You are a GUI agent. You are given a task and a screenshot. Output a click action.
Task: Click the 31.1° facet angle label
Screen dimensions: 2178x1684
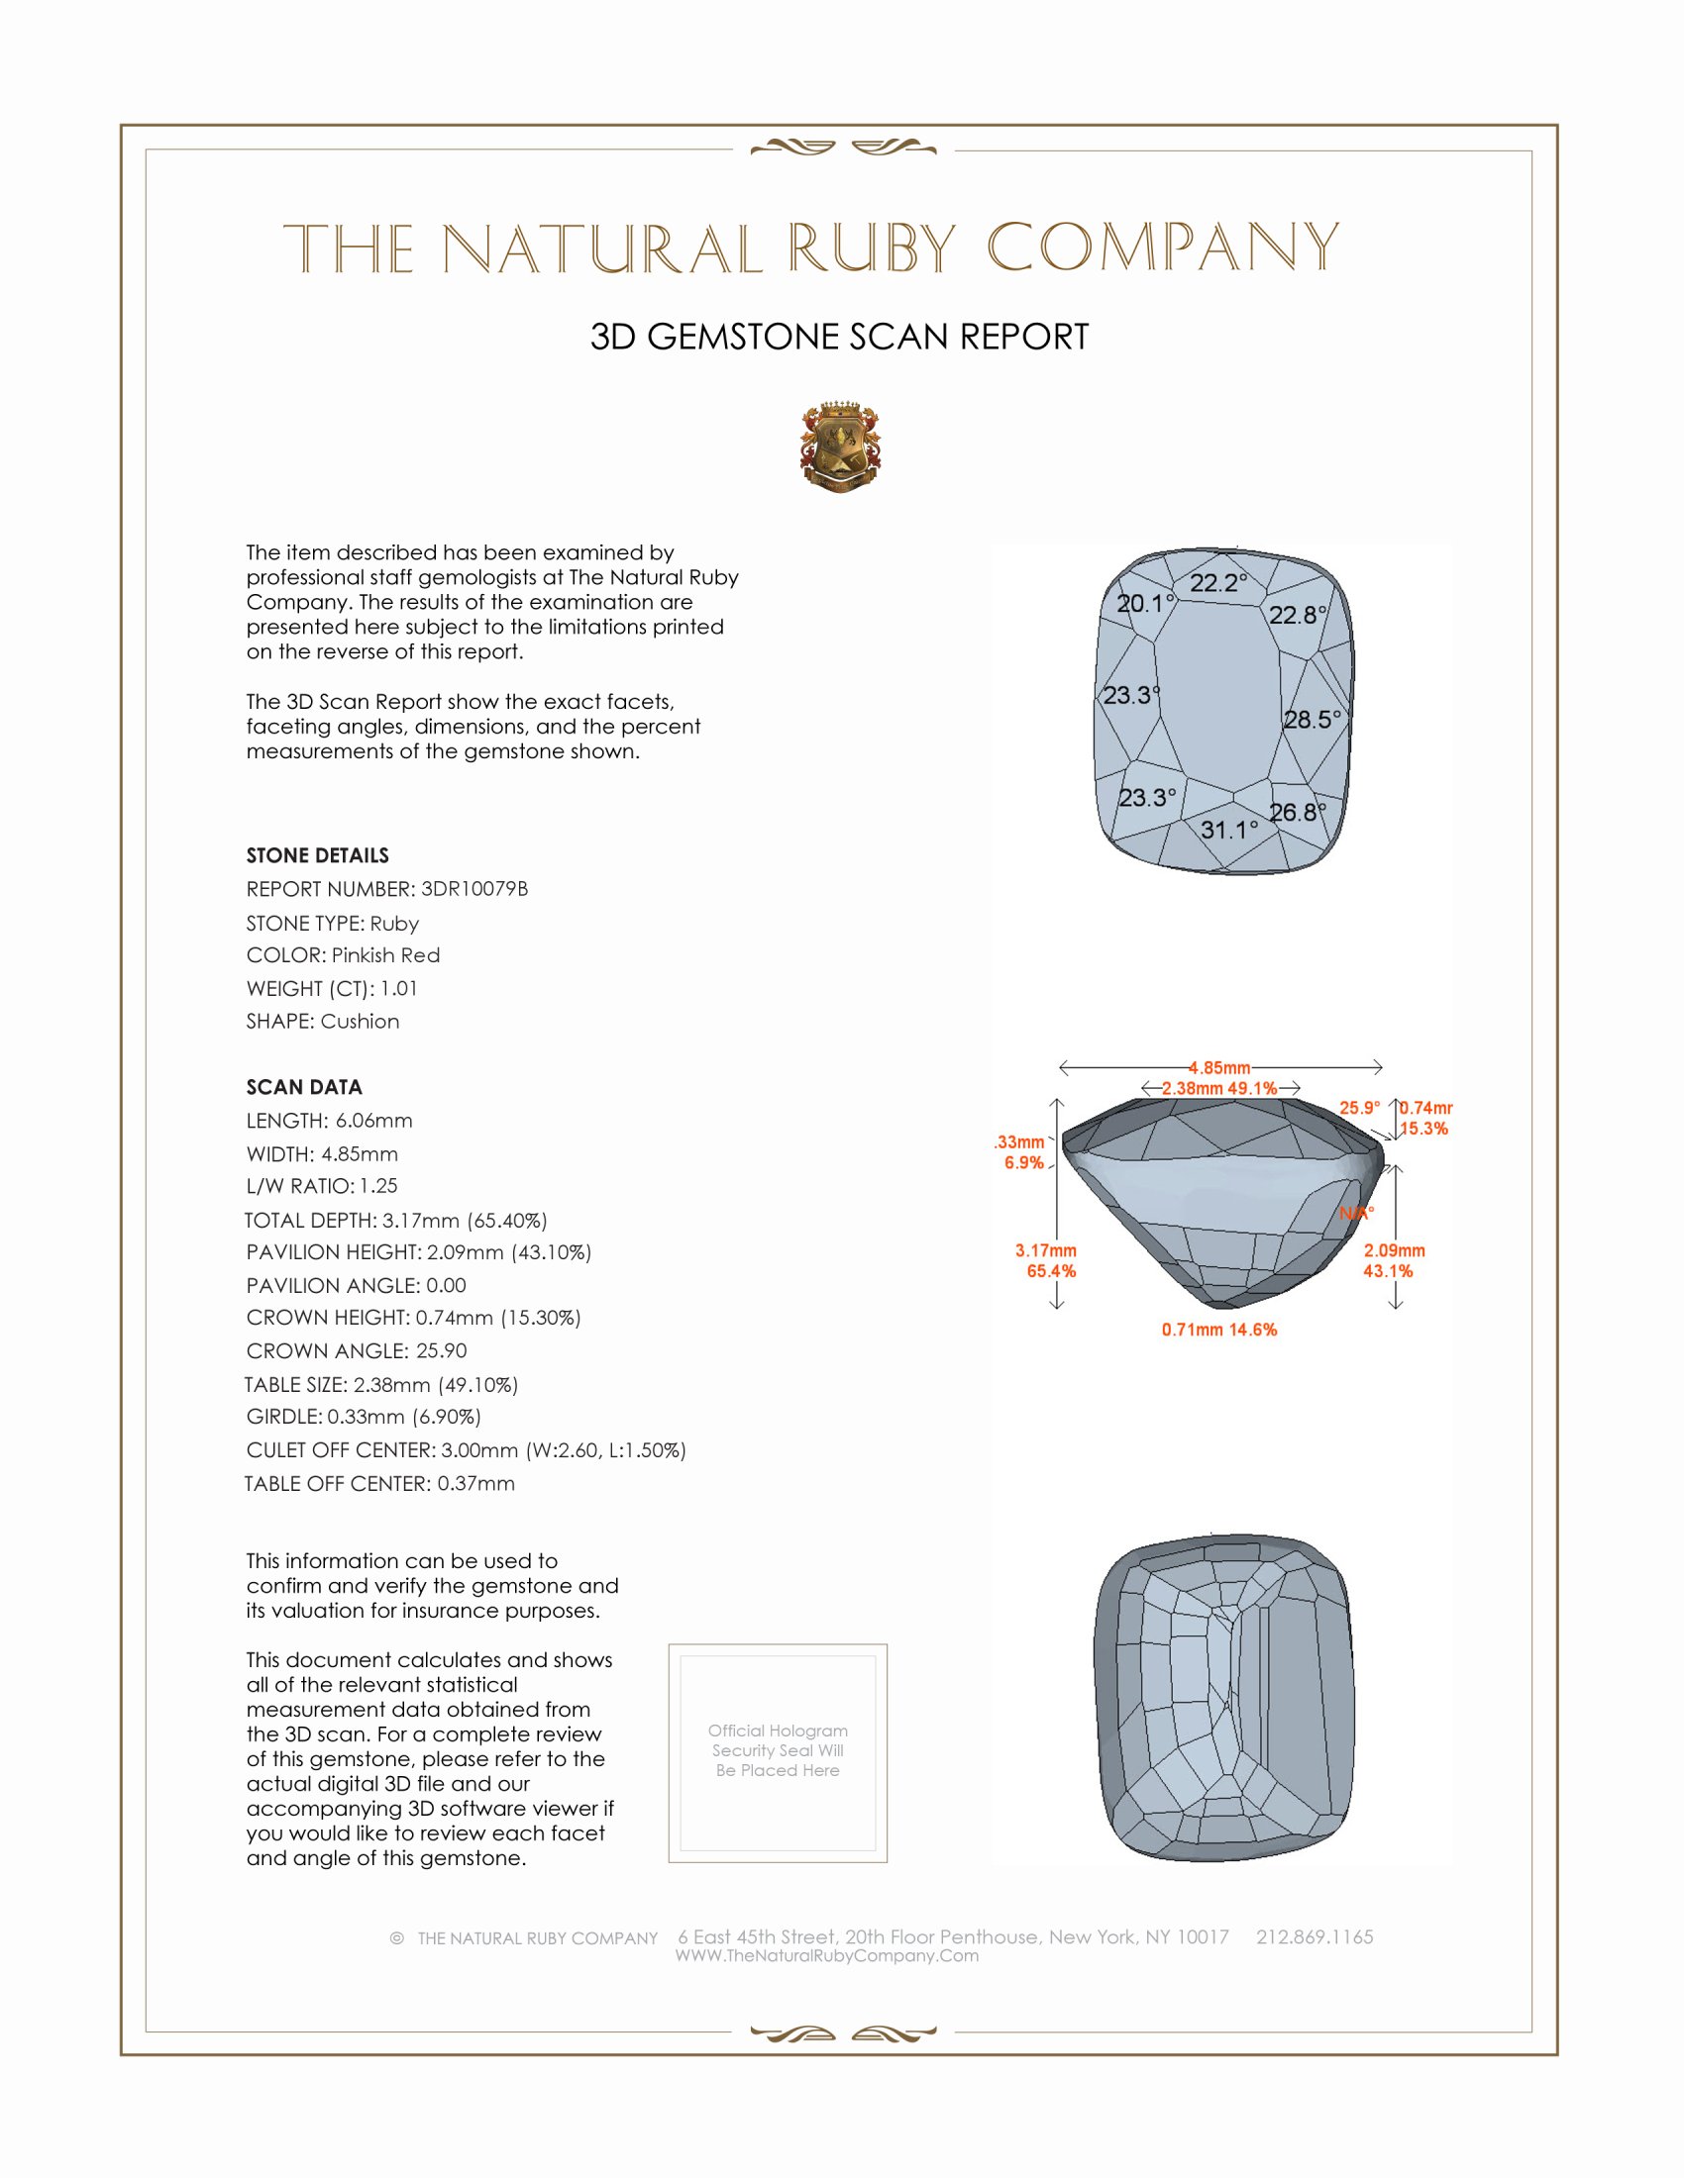click(1229, 830)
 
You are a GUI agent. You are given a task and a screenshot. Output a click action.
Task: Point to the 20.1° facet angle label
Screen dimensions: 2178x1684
click(1145, 603)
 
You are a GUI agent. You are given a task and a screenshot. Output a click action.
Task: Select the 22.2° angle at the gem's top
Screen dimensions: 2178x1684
click(1218, 583)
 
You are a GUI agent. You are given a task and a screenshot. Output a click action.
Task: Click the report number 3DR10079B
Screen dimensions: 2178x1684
click(474, 889)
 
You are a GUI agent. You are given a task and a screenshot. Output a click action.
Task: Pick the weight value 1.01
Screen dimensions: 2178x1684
click(399, 988)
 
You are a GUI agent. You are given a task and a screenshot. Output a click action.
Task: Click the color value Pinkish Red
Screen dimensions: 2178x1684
click(385, 955)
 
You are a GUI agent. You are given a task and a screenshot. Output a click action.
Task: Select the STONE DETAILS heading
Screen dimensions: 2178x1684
click(317, 855)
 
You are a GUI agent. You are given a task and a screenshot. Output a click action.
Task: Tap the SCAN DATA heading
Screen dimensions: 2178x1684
click(304, 1087)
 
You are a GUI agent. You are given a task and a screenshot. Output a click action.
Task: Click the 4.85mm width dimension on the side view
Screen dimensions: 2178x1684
click(1219, 1068)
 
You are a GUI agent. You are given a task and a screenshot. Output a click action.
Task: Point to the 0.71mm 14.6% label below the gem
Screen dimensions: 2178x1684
click(1219, 1330)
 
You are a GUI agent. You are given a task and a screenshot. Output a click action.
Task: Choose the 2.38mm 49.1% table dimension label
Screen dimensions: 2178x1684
click(1219, 1088)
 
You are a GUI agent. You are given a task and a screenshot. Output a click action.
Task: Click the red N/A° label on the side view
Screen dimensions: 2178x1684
click(1356, 1214)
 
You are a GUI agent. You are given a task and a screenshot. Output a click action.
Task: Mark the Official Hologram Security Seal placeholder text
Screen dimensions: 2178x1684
click(778, 1750)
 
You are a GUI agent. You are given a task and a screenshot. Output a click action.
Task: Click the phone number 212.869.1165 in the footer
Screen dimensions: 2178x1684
click(1314, 1936)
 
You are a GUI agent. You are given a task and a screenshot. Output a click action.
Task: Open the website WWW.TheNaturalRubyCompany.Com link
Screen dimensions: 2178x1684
click(827, 1955)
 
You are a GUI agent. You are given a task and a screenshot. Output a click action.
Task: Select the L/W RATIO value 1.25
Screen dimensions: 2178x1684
click(378, 1186)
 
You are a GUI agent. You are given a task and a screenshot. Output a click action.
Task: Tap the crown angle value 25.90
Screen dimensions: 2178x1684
click(441, 1350)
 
